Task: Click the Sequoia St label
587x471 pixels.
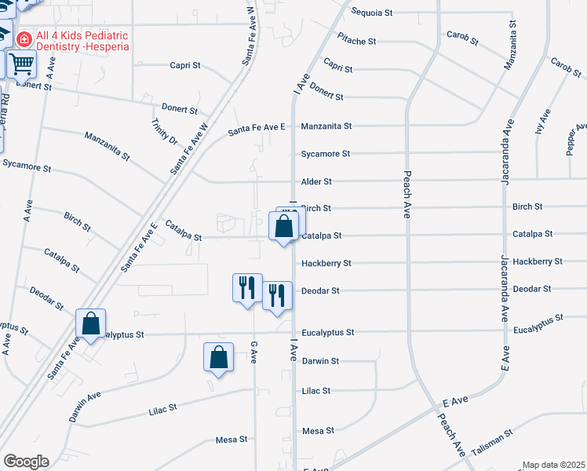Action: (371, 13)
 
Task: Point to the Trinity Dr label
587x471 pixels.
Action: (166, 130)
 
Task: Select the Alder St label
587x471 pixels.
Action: (316, 181)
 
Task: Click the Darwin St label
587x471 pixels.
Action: (320, 361)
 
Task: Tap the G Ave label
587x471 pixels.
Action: (253, 352)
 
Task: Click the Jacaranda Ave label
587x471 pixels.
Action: (507, 151)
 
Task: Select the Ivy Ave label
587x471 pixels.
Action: (543, 122)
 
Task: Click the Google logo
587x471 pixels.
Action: (26, 461)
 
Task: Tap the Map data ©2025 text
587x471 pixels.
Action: (553, 465)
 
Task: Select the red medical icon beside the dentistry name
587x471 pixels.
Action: (24, 37)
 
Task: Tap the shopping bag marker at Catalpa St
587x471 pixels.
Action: (283, 227)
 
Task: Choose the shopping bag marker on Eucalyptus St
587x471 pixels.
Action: (91, 323)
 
